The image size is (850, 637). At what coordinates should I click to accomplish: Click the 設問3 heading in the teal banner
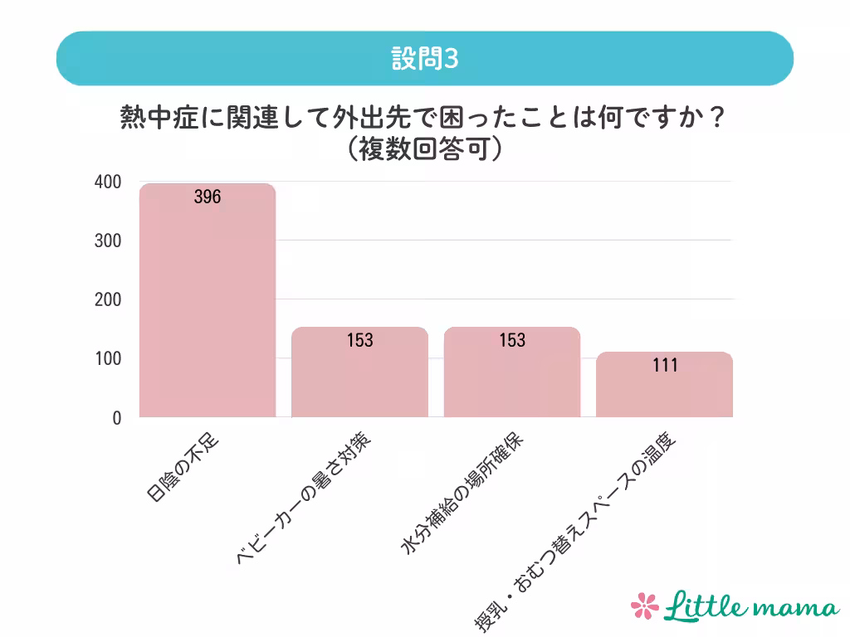click(x=424, y=59)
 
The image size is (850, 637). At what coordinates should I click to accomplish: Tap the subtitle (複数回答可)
click(x=424, y=149)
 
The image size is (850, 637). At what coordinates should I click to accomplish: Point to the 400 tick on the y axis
click(x=108, y=182)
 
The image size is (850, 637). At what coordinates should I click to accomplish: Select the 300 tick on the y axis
click(x=108, y=241)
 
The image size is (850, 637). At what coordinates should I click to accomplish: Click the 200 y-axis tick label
click(x=108, y=299)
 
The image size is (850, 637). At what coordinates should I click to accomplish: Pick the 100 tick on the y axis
click(x=108, y=359)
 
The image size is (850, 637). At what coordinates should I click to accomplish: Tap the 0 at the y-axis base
click(x=117, y=418)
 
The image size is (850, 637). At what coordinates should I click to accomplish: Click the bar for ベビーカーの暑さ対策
click(x=359, y=377)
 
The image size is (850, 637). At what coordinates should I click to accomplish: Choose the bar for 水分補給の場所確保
click(x=512, y=377)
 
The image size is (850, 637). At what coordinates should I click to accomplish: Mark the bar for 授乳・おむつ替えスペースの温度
click(x=665, y=390)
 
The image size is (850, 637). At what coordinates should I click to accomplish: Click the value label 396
click(x=208, y=197)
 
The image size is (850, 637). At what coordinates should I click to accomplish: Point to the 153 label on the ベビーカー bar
click(x=359, y=340)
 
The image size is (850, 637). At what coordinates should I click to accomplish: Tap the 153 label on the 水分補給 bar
click(x=512, y=340)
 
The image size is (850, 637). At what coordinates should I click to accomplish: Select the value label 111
click(x=665, y=365)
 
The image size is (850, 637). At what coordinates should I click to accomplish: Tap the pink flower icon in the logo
click(x=644, y=605)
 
